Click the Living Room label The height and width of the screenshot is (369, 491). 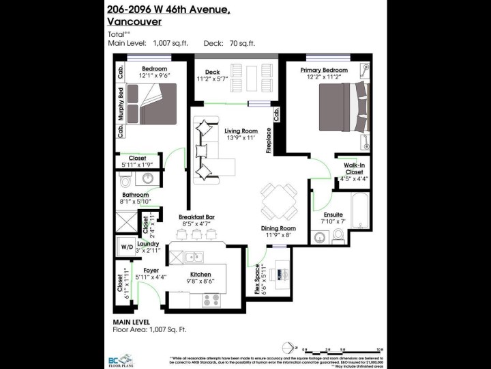pyautogui.click(x=240, y=131)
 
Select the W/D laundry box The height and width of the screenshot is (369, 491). pyautogui.click(x=127, y=247)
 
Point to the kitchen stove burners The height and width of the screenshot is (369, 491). pyautogui.click(x=211, y=299)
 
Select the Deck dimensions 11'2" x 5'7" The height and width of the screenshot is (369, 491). pyautogui.click(x=213, y=79)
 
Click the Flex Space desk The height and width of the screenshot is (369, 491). pyautogui.click(x=280, y=273)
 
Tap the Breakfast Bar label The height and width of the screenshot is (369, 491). pyautogui.click(x=196, y=215)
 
